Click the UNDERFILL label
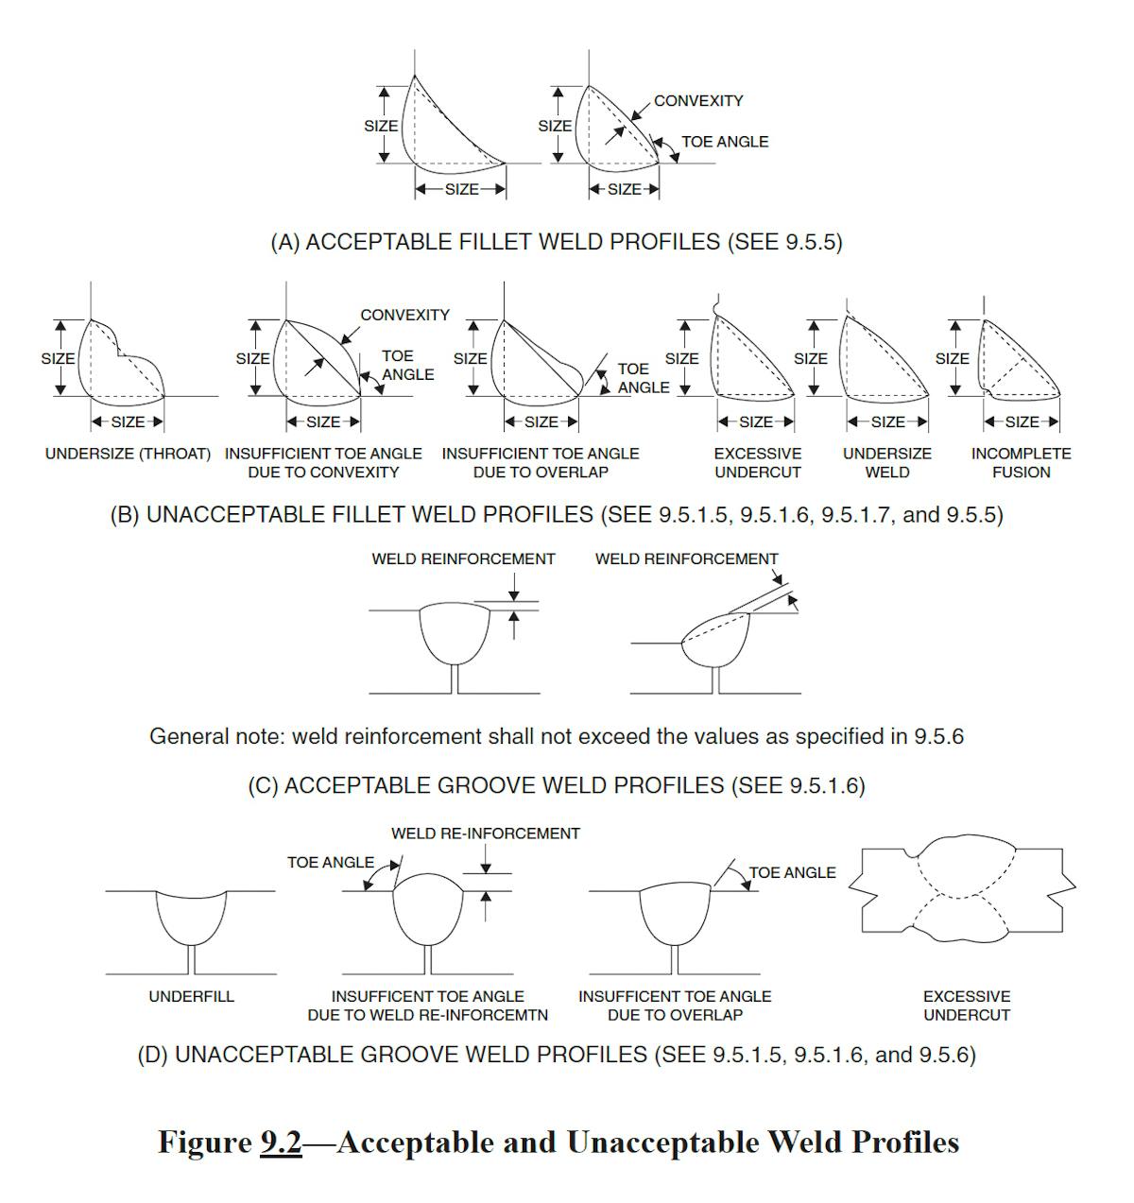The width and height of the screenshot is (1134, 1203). click(x=191, y=996)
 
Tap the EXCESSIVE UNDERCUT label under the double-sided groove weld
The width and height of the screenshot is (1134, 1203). click(x=967, y=1005)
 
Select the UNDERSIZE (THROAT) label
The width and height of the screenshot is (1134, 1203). click(x=128, y=454)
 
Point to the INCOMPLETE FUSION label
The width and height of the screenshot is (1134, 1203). click(x=1021, y=462)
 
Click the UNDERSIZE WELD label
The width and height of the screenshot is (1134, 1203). click(x=887, y=462)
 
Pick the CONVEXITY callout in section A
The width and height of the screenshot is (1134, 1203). click(x=698, y=101)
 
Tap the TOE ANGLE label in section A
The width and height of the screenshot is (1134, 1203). click(x=725, y=142)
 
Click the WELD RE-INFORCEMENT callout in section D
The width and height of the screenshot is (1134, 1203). click(x=486, y=834)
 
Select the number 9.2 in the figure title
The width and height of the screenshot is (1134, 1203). click(x=281, y=1143)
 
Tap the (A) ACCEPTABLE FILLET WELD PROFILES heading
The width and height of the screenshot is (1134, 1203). click(x=556, y=242)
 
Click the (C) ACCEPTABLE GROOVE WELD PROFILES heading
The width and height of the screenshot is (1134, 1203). click(x=556, y=785)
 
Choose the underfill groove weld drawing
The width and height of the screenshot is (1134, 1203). click(x=191, y=921)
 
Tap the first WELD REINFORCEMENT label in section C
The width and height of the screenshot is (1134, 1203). click(x=463, y=559)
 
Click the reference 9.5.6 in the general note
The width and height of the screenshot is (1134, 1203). click(x=938, y=736)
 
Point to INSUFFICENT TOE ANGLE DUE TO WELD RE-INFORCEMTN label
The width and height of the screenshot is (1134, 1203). click(x=427, y=1005)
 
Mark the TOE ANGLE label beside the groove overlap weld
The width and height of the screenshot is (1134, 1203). click(x=792, y=872)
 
